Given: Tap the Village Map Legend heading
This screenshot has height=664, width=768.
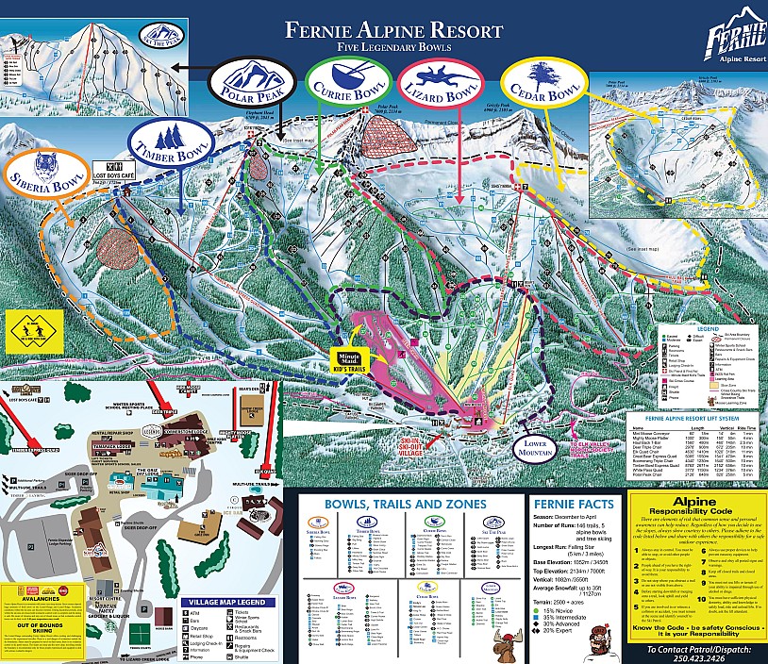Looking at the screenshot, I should [x=232, y=602].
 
